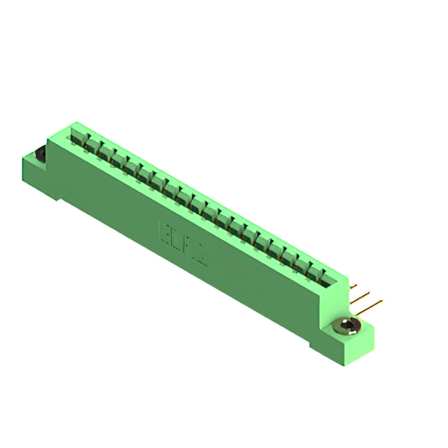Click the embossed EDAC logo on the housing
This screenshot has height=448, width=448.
click(184, 243)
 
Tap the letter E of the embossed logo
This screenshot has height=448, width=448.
click(167, 232)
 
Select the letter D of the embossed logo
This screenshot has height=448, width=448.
click(178, 239)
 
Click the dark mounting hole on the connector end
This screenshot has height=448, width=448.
click(41, 153)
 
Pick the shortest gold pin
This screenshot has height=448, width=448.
click(353, 287)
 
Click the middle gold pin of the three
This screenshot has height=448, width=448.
click(360, 297)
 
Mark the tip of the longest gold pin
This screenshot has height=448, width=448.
click(381, 302)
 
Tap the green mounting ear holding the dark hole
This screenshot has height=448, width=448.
click(34, 168)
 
